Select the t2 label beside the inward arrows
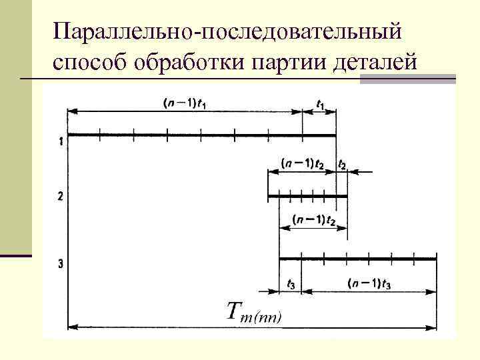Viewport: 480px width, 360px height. (342, 164)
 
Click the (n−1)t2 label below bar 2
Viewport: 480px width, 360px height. (313, 221)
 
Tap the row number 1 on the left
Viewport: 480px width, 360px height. (61, 141)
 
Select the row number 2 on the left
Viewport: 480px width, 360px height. (61, 197)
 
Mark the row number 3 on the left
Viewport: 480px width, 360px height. (61, 264)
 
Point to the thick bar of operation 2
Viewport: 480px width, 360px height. (307, 197)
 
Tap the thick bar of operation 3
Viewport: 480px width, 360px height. (357, 258)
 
